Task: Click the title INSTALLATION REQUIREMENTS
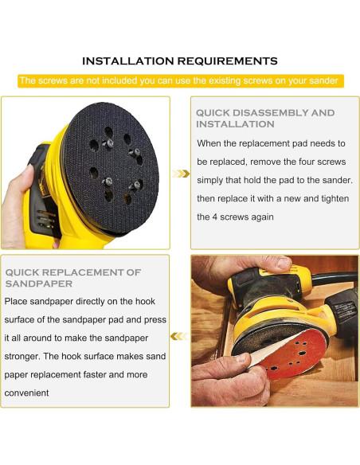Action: [180, 61]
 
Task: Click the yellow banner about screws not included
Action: [180, 80]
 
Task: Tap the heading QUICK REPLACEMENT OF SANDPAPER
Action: [73, 278]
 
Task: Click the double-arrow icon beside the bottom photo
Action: [180, 335]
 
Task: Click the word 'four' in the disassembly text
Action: [295, 162]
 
